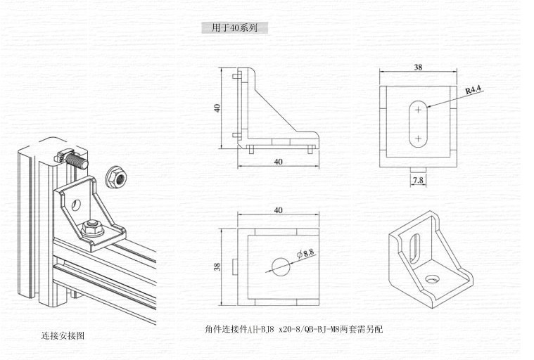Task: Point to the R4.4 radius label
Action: point(473,89)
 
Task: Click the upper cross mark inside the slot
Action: point(419,110)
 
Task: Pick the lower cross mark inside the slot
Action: point(419,139)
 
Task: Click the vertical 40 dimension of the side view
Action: point(218,108)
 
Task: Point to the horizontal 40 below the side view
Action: point(278,162)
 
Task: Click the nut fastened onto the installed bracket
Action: point(91,226)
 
